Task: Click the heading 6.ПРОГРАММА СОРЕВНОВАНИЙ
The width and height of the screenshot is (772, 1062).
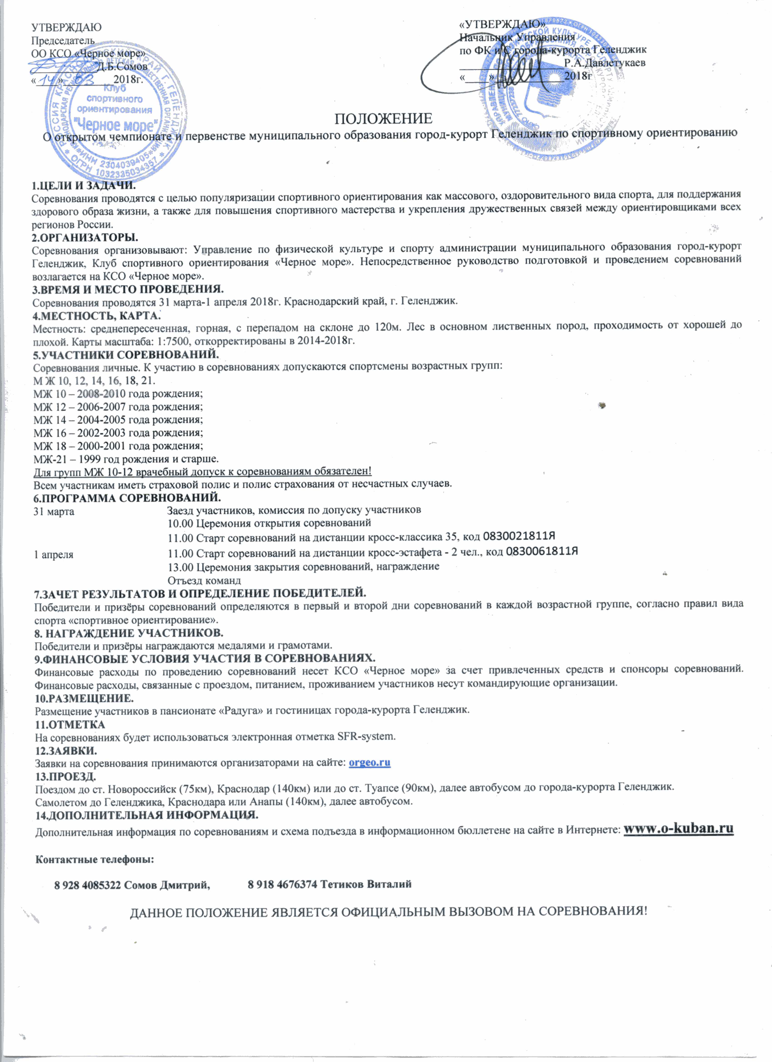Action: (x=127, y=497)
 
